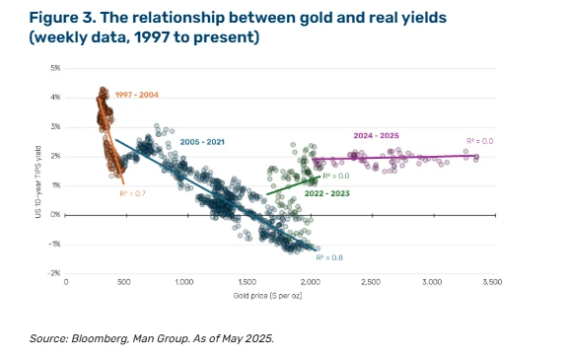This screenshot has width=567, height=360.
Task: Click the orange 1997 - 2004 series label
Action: click(137, 95)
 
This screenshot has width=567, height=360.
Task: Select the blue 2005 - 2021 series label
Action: click(202, 142)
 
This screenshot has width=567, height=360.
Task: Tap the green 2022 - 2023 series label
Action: click(327, 193)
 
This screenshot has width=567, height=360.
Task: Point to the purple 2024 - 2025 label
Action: click(376, 136)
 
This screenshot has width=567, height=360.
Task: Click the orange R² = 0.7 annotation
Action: click(132, 194)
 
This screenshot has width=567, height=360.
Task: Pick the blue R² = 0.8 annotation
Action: click(329, 257)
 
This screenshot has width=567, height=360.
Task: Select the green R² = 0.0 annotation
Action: click(336, 177)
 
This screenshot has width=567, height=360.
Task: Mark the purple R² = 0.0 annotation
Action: click(480, 141)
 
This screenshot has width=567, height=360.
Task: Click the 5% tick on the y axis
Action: click(55, 68)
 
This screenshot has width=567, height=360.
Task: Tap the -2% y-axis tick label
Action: click(54, 273)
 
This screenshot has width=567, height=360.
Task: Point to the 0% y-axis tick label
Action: click(55, 215)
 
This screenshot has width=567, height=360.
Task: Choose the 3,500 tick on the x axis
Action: click(492, 282)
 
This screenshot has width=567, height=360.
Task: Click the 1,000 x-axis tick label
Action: click(184, 282)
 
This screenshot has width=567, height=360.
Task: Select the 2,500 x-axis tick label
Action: click(371, 282)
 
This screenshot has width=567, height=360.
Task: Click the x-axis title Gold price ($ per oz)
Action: click(267, 296)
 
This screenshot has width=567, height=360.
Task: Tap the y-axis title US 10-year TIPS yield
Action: click(38, 182)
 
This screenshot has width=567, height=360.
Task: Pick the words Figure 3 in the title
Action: click(62, 18)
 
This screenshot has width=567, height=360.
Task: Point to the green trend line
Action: click(293, 185)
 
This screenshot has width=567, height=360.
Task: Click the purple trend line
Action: click(394, 157)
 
